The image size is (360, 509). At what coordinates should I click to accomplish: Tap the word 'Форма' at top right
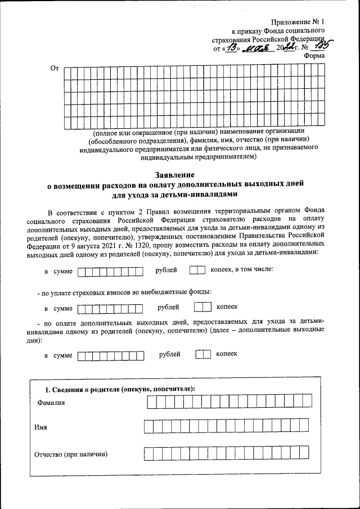pyautogui.click(x=313, y=56)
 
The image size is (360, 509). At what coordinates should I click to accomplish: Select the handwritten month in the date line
pyautogui.click(x=255, y=48)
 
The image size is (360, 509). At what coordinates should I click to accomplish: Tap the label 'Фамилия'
pyautogui.click(x=51, y=403)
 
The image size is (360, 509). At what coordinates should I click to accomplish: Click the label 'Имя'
pyautogui.click(x=40, y=427)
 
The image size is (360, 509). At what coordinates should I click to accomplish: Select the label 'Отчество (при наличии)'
pyautogui.click(x=71, y=454)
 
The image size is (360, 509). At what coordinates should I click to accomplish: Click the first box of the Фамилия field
pyautogui.click(x=151, y=402)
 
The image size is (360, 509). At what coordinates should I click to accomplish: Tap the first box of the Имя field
pyautogui.click(x=148, y=427)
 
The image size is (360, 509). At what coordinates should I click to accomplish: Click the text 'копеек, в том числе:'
pyautogui.click(x=241, y=270)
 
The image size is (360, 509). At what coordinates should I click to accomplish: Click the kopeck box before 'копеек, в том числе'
pyautogui.click(x=197, y=271)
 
